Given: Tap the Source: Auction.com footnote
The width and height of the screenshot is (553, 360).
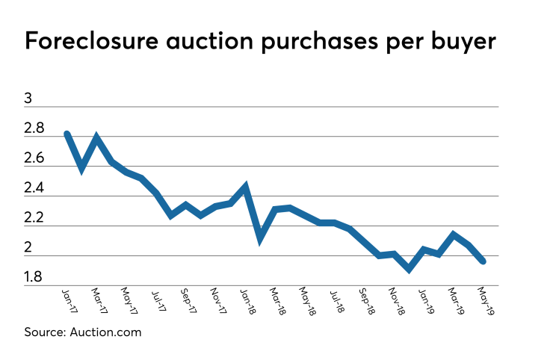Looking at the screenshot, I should click(83, 332).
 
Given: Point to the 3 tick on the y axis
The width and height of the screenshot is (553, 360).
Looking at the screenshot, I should click(30, 99).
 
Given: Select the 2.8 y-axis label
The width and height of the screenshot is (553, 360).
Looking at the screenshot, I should click(35, 129).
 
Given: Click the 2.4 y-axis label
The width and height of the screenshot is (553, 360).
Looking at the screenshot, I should click(35, 189).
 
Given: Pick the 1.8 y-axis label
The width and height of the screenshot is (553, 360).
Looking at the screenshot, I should click(35, 278).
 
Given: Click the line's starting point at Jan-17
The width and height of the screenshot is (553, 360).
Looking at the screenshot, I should click(67, 134).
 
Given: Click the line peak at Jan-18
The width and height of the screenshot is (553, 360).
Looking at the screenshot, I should click(244, 187).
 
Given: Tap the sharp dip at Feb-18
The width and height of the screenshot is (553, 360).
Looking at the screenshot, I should click(259, 238).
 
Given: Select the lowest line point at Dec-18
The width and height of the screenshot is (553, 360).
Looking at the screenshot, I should click(408, 268).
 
